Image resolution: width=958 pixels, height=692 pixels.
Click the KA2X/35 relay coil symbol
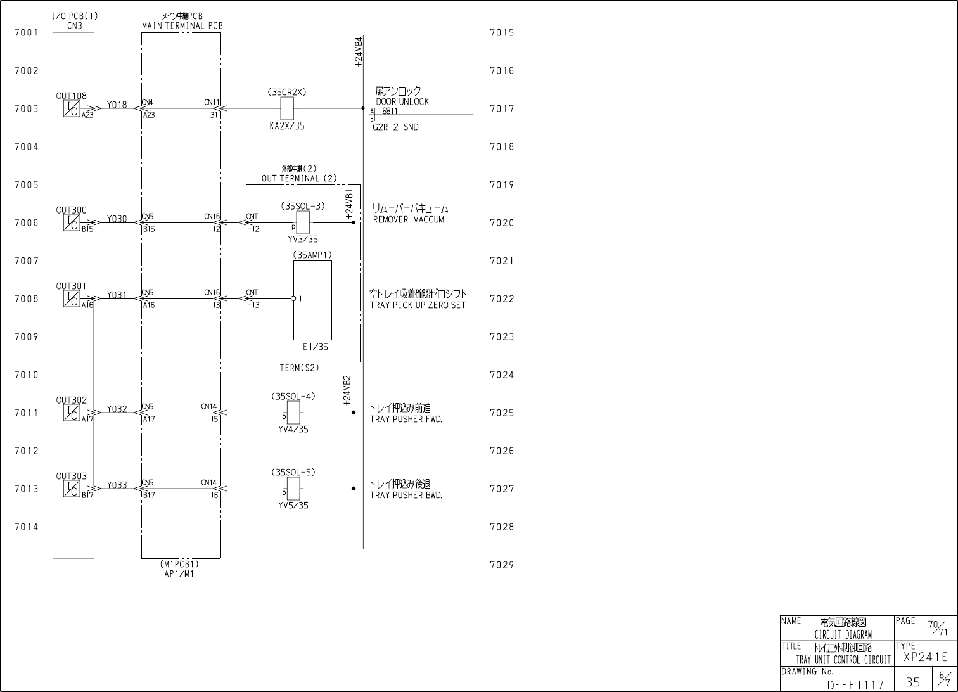[286, 109]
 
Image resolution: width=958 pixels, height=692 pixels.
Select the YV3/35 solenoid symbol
[303, 222]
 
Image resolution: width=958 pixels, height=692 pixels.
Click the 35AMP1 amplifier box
[312, 300]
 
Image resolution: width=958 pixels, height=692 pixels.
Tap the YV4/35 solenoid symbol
[293, 413]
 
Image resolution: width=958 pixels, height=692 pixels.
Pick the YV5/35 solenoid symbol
[293, 489]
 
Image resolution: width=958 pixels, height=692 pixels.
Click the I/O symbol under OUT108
[71, 109]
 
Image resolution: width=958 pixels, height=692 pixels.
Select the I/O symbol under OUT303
[71, 489]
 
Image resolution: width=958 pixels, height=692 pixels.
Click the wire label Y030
[117, 219]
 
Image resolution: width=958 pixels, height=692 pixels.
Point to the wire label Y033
[117, 485]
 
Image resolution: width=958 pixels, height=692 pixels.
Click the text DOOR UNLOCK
[402, 101]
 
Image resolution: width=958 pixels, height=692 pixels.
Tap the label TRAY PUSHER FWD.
[406, 419]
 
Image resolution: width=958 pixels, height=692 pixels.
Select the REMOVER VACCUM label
[409, 219]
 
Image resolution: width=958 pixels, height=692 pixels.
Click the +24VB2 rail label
[347, 390]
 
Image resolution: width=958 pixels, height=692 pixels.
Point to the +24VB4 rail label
[359, 51]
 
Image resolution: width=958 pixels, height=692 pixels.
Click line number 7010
[26, 375]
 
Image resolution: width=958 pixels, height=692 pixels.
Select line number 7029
[502, 565]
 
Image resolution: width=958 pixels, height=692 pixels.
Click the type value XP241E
[926, 657]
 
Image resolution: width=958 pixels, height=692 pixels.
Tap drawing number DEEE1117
[855, 684]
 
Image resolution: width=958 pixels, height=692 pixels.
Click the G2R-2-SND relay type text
[395, 127]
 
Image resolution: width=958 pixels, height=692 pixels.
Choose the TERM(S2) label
[300, 368]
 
